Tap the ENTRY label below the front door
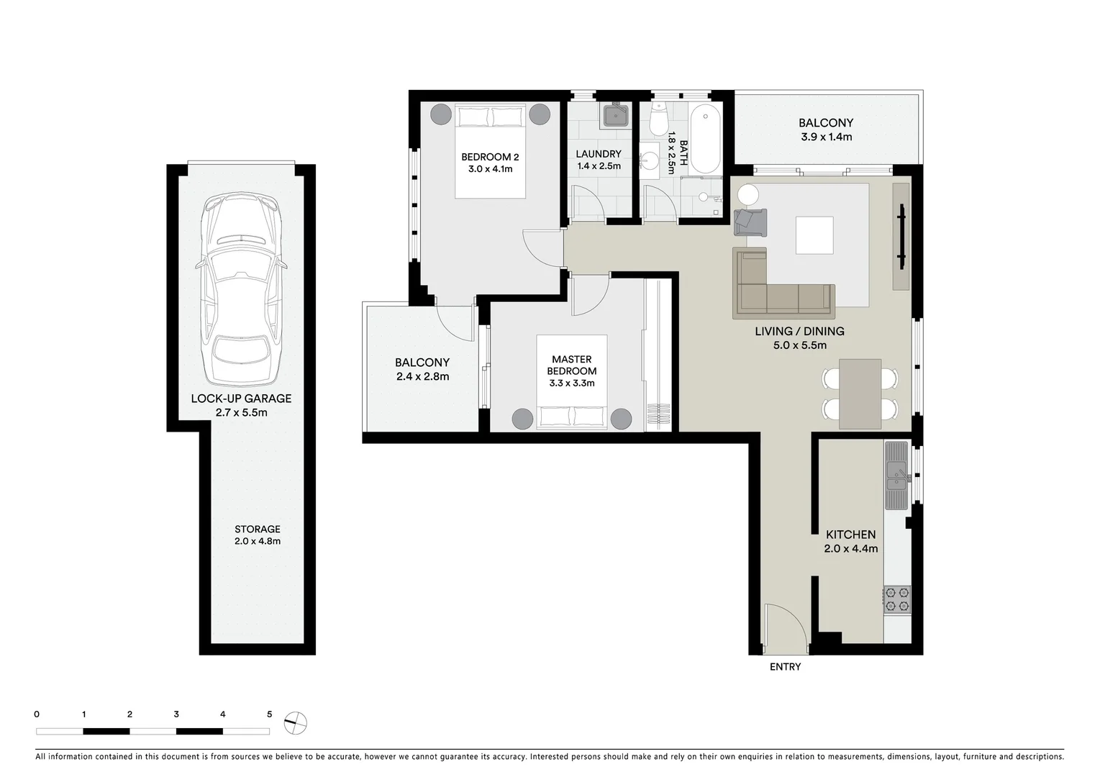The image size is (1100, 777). point(785,667)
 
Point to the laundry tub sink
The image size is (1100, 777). point(616,115)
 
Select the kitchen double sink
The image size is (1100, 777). point(897,475)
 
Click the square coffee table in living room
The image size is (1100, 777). point(814,235)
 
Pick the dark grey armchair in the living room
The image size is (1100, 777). point(750,222)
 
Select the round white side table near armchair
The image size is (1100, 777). point(747,196)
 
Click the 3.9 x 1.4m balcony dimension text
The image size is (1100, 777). point(826,137)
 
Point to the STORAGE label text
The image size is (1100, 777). point(257,529)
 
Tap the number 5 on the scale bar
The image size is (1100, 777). point(270,714)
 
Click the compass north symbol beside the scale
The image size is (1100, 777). point(295,722)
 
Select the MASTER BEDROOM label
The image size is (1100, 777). point(571,365)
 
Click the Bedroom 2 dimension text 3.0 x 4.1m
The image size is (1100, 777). point(490,169)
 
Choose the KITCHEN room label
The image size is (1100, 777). point(850,535)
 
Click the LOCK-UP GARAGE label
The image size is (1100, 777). point(241,399)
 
